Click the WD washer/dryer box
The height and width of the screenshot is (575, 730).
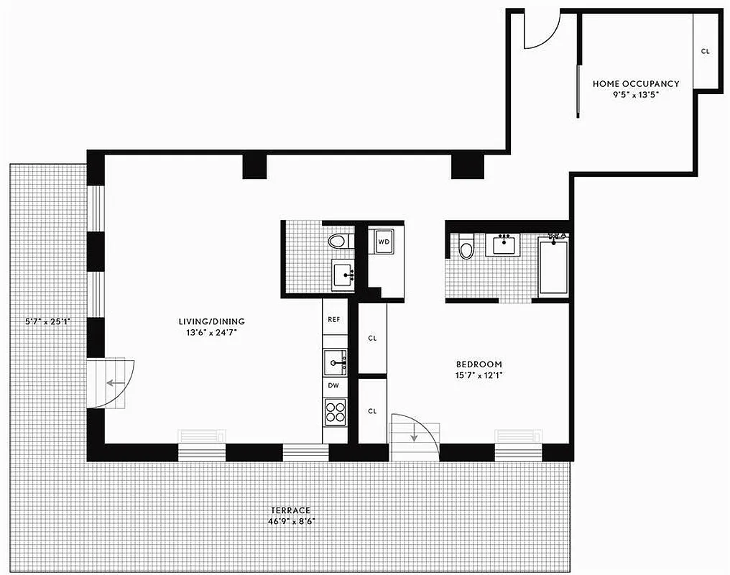pyautogui.click(x=384, y=242)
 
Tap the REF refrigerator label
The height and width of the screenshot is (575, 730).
pyautogui.click(x=333, y=319)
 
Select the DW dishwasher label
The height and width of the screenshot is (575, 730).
pyautogui.click(x=333, y=385)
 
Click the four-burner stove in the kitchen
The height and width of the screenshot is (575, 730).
pyautogui.click(x=336, y=412)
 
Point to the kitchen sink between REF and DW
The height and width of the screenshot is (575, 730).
pyautogui.click(x=335, y=362)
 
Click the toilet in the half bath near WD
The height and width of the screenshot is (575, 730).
pyautogui.click(x=338, y=241)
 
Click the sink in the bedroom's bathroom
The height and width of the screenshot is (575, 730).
pyautogui.click(x=505, y=245)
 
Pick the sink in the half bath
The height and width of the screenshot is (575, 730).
pyautogui.click(x=342, y=275)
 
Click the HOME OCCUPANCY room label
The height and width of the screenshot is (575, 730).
pyautogui.click(x=636, y=84)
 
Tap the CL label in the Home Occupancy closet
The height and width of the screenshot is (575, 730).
pyautogui.click(x=705, y=51)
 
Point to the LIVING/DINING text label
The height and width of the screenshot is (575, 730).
pyautogui.click(x=212, y=321)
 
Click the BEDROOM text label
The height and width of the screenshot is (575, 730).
pyautogui.click(x=479, y=364)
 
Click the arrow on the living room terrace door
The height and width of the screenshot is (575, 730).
pyautogui.click(x=112, y=382)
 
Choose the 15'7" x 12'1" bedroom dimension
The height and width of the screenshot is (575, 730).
pyautogui.click(x=479, y=375)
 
